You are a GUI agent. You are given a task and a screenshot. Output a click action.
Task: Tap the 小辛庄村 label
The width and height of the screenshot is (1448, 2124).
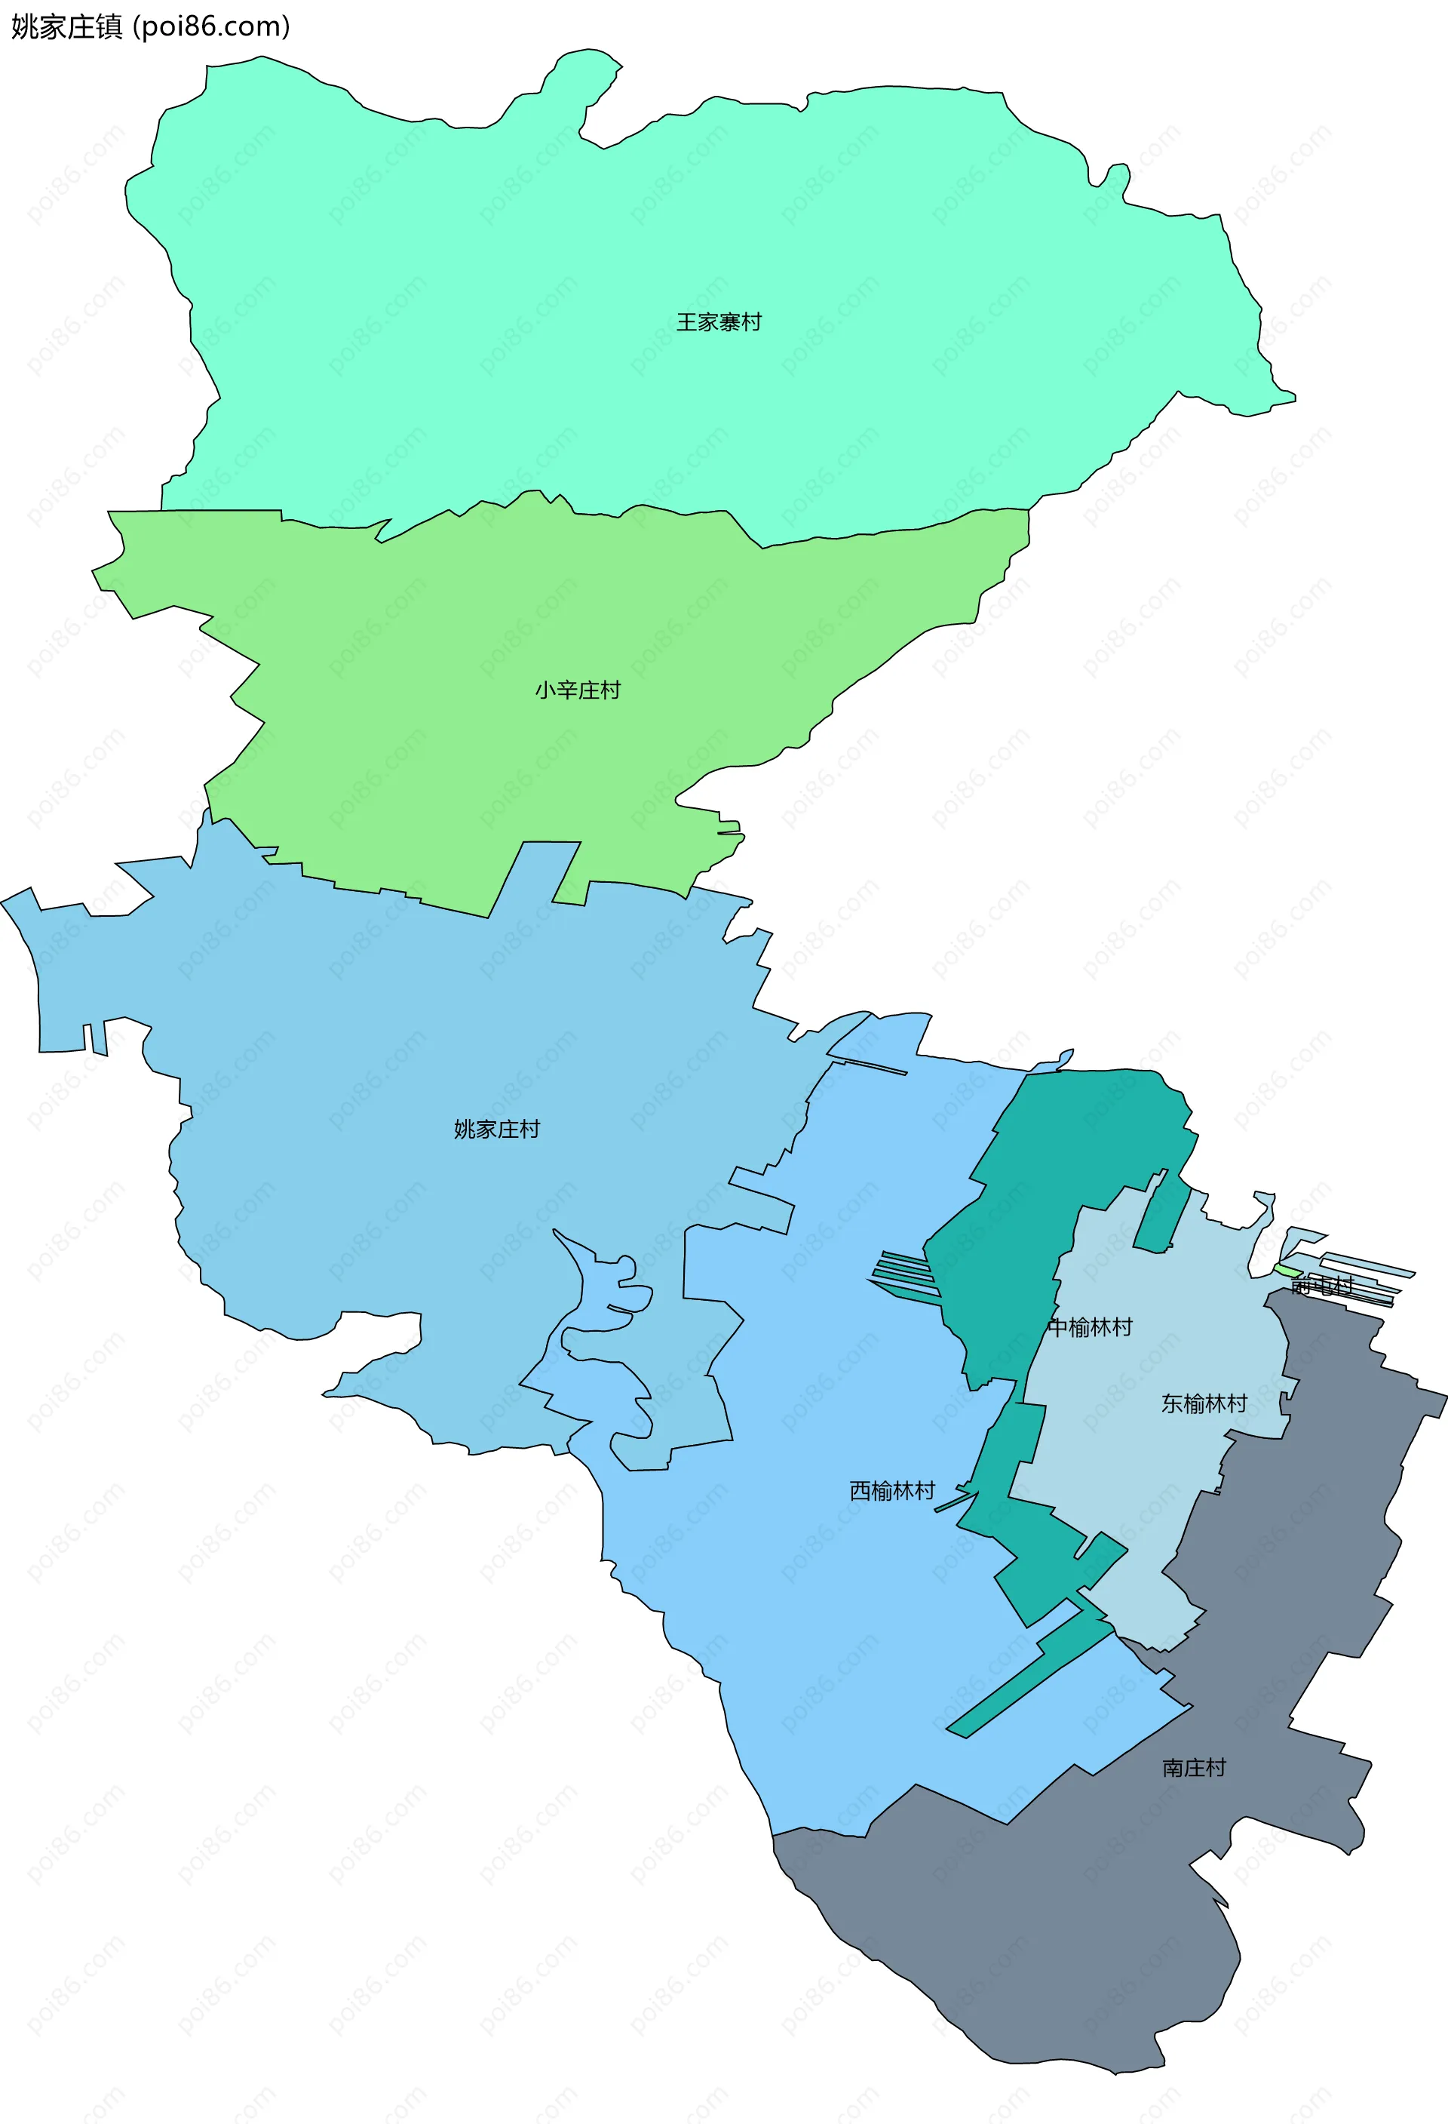[578, 690]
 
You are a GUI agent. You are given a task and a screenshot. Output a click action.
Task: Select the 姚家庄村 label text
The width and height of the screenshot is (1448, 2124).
[497, 1130]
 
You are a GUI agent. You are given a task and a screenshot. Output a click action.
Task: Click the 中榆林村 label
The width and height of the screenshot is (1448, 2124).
[1090, 1327]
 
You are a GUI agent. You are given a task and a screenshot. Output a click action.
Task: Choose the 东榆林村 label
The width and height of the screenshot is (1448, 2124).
[1204, 1404]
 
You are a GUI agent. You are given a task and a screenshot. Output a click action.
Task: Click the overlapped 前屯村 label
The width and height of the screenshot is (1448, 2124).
[1321, 1286]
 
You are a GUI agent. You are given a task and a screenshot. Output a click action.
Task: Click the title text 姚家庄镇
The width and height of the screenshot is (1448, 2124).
[66, 27]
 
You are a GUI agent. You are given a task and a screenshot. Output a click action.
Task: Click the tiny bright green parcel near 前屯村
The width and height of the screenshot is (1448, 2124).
[1287, 1271]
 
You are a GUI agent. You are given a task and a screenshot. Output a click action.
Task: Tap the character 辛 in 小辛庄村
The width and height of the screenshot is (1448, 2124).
[566, 690]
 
